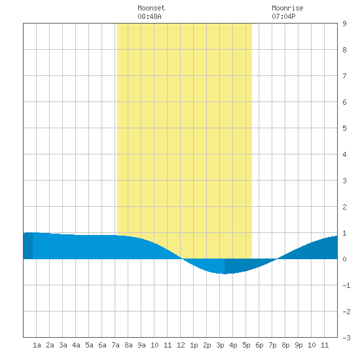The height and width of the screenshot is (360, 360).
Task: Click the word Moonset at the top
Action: tap(151, 8)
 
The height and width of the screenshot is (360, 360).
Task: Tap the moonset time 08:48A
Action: tap(149, 16)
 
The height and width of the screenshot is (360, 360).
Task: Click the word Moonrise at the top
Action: tap(287, 8)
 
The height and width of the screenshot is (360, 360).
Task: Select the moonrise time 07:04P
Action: tap(283, 16)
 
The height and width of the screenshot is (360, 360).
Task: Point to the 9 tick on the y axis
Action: tap(344, 24)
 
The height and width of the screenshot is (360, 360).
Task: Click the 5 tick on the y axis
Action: tap(344, 128)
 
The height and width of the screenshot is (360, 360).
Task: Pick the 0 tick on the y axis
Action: tap(344, 259)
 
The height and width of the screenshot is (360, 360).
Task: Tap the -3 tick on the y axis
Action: tap(346, 338)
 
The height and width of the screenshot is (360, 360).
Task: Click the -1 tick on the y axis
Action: tap(346, 285)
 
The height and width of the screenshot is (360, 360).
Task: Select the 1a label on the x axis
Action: tap(37, 345)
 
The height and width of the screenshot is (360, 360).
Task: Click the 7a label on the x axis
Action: tap(115, 345)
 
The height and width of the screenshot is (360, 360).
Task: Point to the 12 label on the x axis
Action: tap(181, 345)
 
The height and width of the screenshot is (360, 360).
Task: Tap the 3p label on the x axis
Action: tap(220, 345)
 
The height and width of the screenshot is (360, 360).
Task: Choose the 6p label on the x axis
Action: tap(259, 345)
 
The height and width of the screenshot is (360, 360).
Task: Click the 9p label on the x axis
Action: tap(298, 345)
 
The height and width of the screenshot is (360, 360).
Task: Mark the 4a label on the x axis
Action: tap(76, 345)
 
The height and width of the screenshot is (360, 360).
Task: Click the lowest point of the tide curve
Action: tap(225, 274)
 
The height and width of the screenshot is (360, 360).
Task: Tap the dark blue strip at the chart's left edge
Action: tap(28, 245)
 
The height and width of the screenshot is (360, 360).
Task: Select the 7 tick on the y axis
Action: tap(344, 76)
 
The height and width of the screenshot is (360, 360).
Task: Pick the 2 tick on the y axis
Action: tap(344, 207)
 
